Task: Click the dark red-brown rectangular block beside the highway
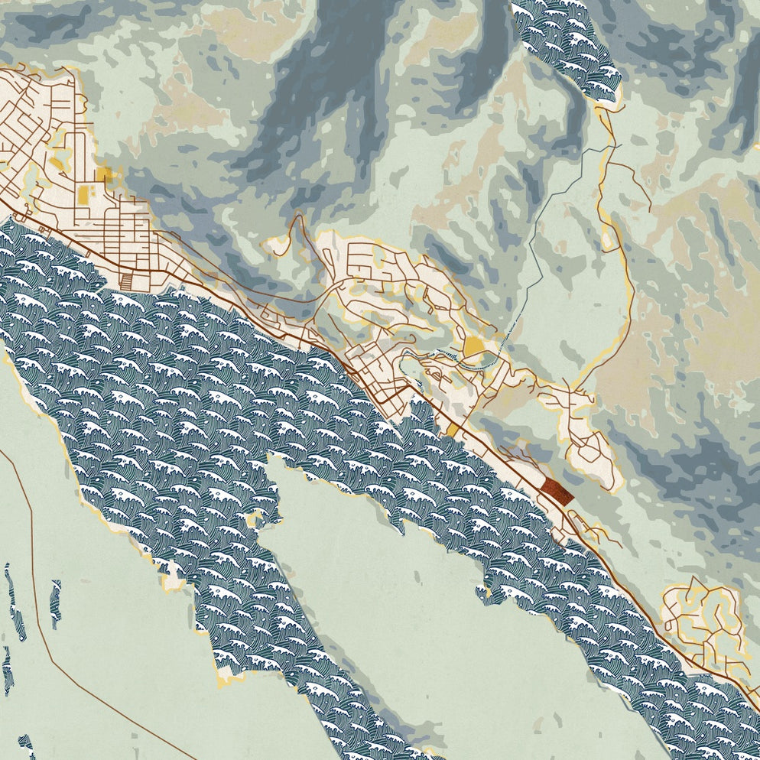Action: click(x=557, y=491)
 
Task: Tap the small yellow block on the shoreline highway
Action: click(x=453, y=431)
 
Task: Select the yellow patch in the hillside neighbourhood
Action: click(x=474, y=349)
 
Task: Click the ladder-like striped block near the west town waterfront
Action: click(x=132, y=280)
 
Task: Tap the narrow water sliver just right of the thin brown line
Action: click(x=55, y=604)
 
